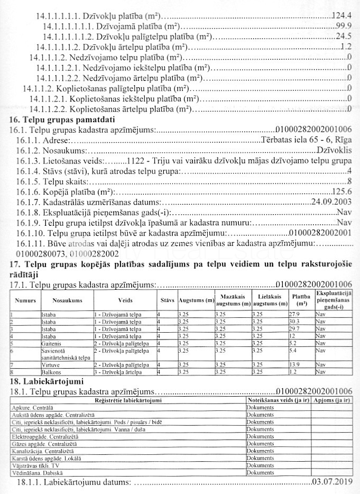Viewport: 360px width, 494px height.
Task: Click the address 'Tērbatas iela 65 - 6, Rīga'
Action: pyautogui.click(x=307, y=140)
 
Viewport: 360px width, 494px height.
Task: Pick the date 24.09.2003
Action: pyautogui.click(x=332, y=202)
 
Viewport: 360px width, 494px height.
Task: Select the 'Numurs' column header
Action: pyautogui.click(x=24, y=300)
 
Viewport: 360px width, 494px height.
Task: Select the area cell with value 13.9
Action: pyautogui.click(x=295, y=365)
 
